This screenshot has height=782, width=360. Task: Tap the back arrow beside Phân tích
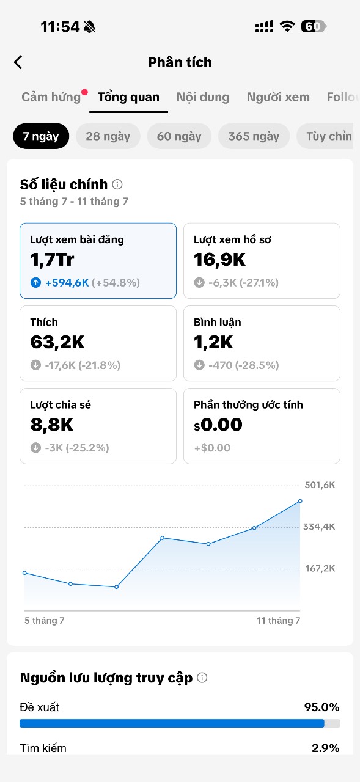(x=18, y=62)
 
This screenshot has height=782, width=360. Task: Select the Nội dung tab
(x=203, y=97)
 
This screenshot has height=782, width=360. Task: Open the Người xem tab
(x=278, y=97)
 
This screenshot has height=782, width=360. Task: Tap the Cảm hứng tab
(x=51, y=97)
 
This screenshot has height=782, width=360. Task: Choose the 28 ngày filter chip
(x=108, y=136)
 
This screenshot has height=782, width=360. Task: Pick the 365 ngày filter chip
(x=254, y=136)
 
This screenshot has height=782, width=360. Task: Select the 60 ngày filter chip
(x=179, y=136)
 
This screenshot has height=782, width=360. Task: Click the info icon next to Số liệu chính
(x=117, y=184)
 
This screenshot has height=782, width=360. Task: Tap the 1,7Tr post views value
(x=52, y=260)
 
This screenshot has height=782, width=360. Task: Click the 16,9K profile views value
(x=219, y=260)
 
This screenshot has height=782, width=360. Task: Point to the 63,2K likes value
(x=57, y=342)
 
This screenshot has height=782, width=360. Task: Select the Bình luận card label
(x=217, y=322)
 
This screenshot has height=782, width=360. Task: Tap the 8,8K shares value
(x=52, y=425)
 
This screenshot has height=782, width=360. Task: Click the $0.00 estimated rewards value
(x=218, y=425)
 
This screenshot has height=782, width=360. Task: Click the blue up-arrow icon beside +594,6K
(x=35, y=282)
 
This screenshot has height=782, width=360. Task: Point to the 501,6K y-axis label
(x=320, y=485)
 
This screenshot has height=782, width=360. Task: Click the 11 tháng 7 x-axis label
(x=278, y=620)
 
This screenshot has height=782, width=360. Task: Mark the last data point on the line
(x=300, y=501)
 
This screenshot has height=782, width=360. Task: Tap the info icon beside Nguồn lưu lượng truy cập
(x=202, y=678)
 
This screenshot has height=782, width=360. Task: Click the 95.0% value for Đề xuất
(x=321, y=707)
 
